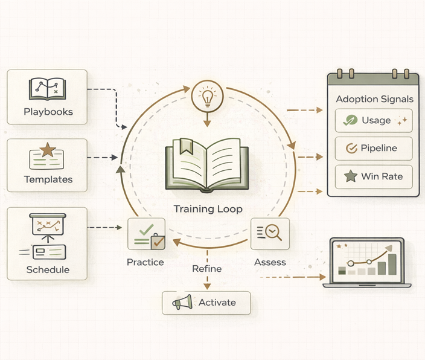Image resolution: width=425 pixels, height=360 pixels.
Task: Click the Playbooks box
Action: pos(47,97)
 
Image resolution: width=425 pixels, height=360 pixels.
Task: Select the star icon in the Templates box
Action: pos(48,149)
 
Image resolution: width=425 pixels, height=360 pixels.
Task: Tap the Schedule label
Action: pos(48,269)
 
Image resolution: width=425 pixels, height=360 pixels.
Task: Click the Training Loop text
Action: pos(208,210)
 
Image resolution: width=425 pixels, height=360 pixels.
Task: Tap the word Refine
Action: pos(207,269)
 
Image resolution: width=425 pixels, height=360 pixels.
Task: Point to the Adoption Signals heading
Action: pos(374,98)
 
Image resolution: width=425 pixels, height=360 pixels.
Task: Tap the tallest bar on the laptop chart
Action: pos(391,265)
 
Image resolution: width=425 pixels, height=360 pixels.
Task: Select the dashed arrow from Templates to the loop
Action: pos(103,158)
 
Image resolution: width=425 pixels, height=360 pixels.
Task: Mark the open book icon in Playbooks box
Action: pos(47,89)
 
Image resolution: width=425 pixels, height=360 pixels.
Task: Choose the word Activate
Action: pos(217,303)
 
